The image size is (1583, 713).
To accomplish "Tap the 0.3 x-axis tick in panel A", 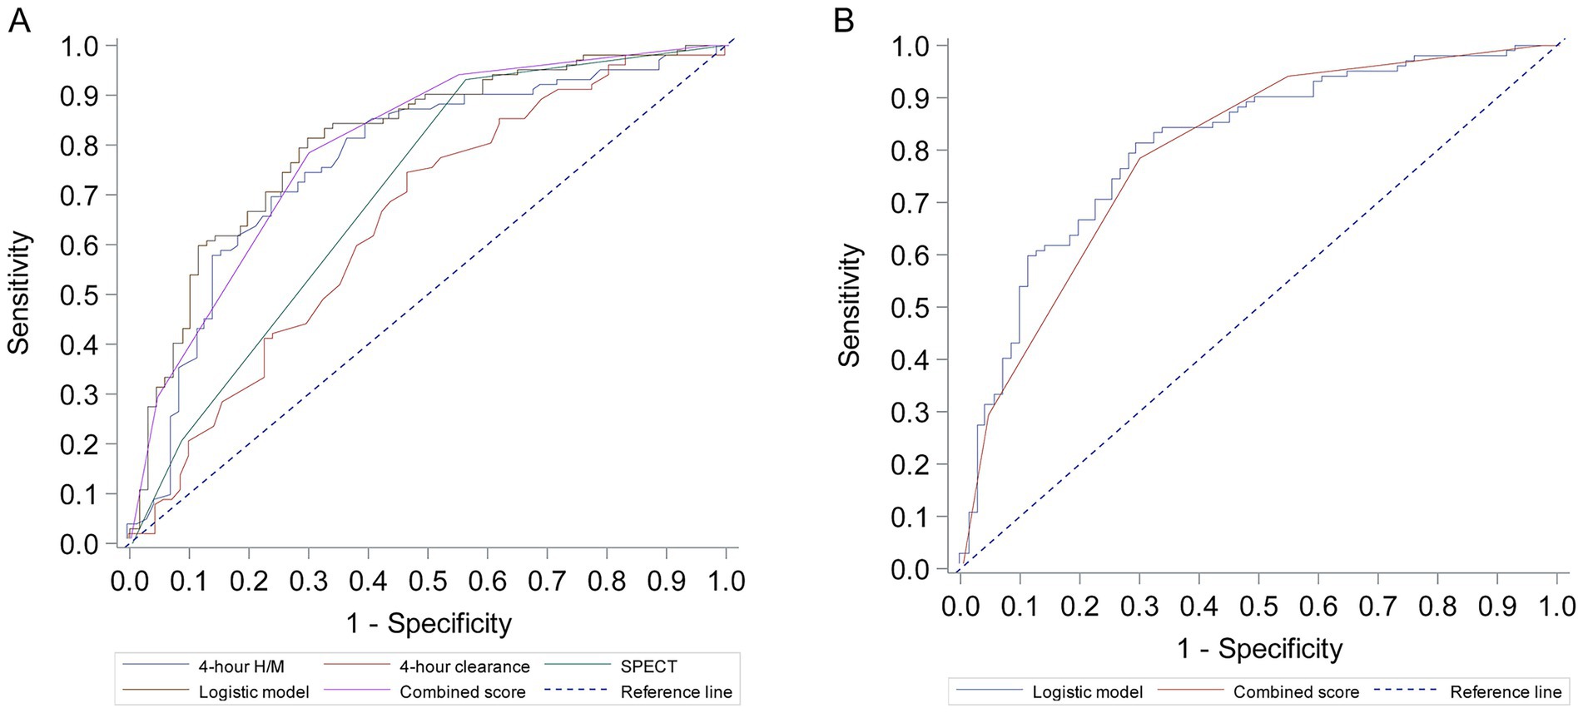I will [x=309, y=580].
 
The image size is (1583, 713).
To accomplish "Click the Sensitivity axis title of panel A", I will [x=20, y=293].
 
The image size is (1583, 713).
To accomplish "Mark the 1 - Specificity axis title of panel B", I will [x=1259, y=648].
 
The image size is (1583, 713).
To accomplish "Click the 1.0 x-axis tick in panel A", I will [x=726, y=580].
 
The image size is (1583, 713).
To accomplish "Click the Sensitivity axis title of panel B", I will [x=849, y=305].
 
